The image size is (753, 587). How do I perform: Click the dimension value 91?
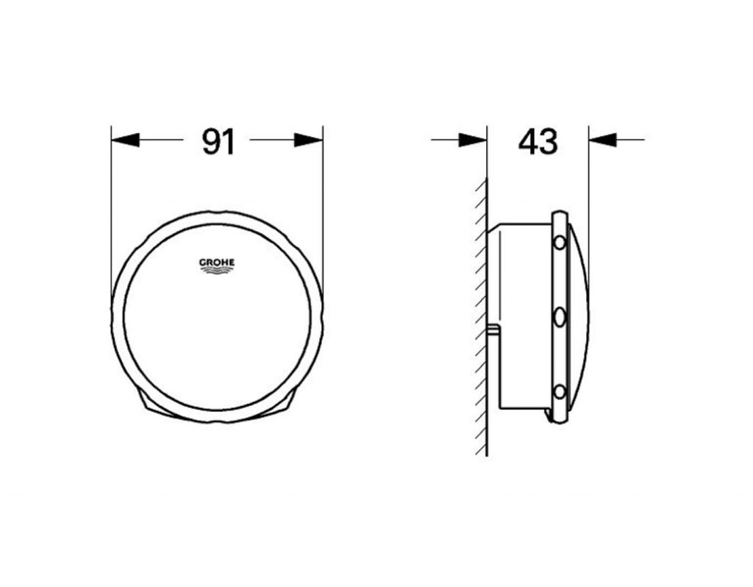coord(218,142)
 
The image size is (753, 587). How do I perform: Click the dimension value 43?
coord(538,142)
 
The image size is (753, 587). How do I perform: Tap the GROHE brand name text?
coord(217,263)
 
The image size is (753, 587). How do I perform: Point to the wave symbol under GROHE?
coord(217,271)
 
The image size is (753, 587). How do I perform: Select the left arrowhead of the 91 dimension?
coord(125,140)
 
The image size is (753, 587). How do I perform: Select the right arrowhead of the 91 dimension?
coord(308,140)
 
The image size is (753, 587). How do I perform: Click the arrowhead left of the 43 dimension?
coord(473,140)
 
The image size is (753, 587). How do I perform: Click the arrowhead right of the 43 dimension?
coord(602,140)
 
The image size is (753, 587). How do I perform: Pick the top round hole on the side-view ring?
coord(560,243)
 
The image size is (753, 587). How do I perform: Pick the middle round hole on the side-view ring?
coord(560,317)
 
